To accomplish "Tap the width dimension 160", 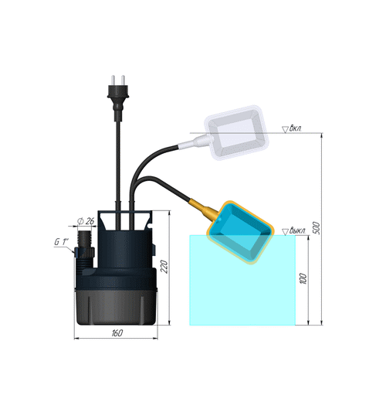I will coord(117,333).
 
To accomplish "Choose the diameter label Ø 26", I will coord(86,223).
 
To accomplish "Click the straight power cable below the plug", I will coord(117,155).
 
